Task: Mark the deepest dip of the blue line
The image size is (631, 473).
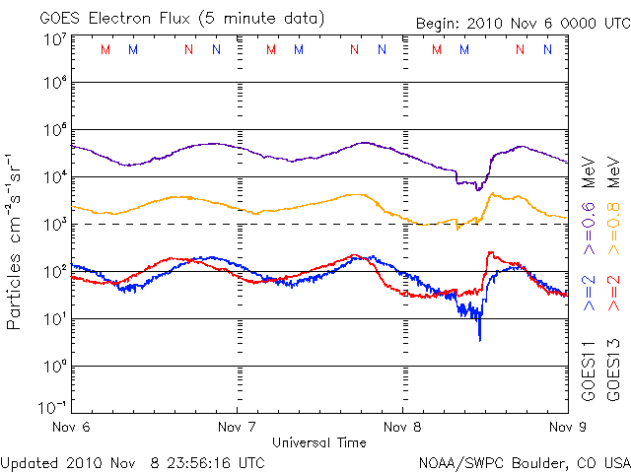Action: [480, 339]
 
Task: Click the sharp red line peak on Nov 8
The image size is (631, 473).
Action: [490, 253]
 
